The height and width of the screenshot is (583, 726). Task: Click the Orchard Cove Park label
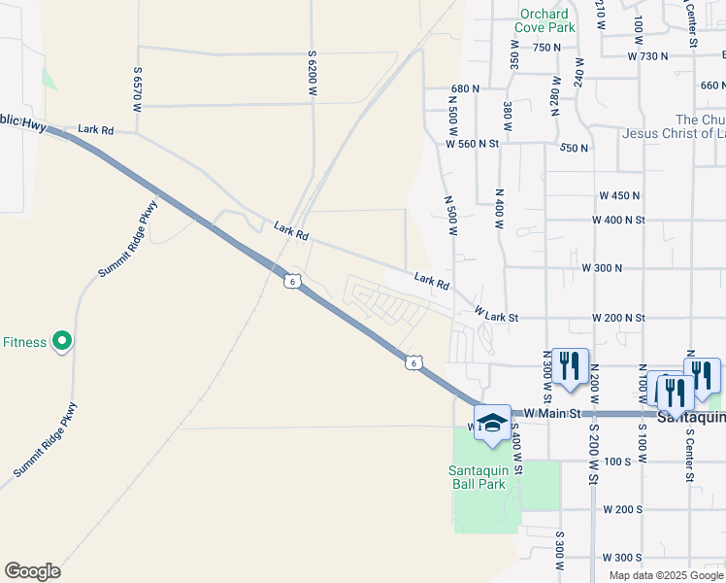pos(544,20)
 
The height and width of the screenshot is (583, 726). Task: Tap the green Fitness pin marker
pos(62,341)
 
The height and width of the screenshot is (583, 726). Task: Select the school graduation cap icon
pos(493,424)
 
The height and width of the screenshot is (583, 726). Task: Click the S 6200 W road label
pos(313,72)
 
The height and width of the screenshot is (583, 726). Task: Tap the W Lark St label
pos(497,316)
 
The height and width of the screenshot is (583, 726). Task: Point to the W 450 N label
pos(620,195)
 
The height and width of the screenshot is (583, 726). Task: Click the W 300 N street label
pos(601,267)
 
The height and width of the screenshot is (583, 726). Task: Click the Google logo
pos(32,570)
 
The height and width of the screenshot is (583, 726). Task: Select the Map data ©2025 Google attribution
pos(666,575)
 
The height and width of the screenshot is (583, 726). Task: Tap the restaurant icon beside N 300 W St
pos(569,366)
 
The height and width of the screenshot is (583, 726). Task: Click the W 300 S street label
pos(621,558)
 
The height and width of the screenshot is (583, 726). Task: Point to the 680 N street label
pos(465,88)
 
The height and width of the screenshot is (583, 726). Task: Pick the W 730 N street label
pos(648,57)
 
